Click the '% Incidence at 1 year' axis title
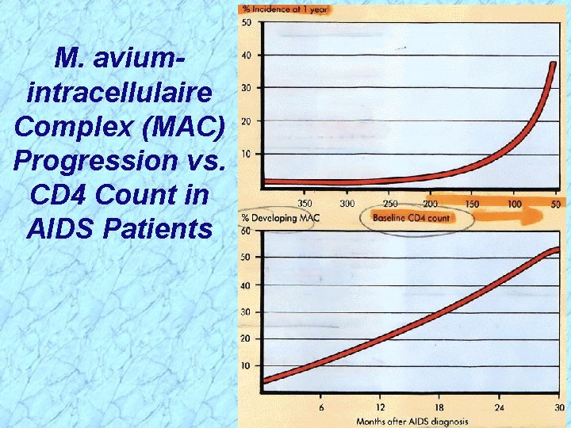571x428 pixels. tap(286, 10)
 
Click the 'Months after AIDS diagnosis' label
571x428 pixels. tap(412, 421)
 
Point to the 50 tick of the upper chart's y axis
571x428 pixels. tap(247, 22)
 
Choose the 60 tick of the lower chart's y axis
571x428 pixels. tap(246, 231)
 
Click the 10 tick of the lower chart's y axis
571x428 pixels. tap(246, 365)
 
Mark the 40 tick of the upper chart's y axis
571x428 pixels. tap(247, 55)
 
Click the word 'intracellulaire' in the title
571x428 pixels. tap(119, 93)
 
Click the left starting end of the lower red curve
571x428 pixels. tap(266, 380)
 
